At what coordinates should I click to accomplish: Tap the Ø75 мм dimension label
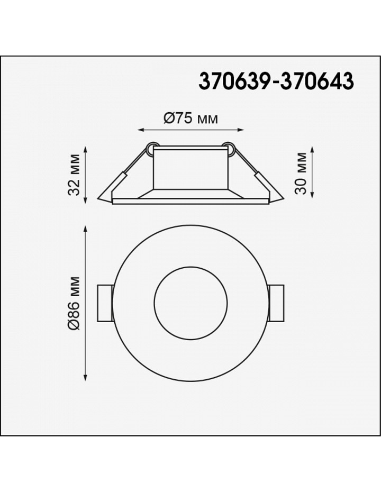click(x=190, y=119)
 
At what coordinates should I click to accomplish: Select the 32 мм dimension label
click(x=74, y=175)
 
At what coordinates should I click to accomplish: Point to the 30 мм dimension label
click(x=301, y=173)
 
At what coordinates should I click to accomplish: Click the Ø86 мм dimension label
click(x=75, y=303)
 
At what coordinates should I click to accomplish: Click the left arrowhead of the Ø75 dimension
click(x=141, y=130)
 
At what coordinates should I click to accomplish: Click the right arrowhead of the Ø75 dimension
click(x=241, y=130)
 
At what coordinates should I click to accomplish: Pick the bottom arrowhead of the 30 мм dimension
click(x=312, y=195)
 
